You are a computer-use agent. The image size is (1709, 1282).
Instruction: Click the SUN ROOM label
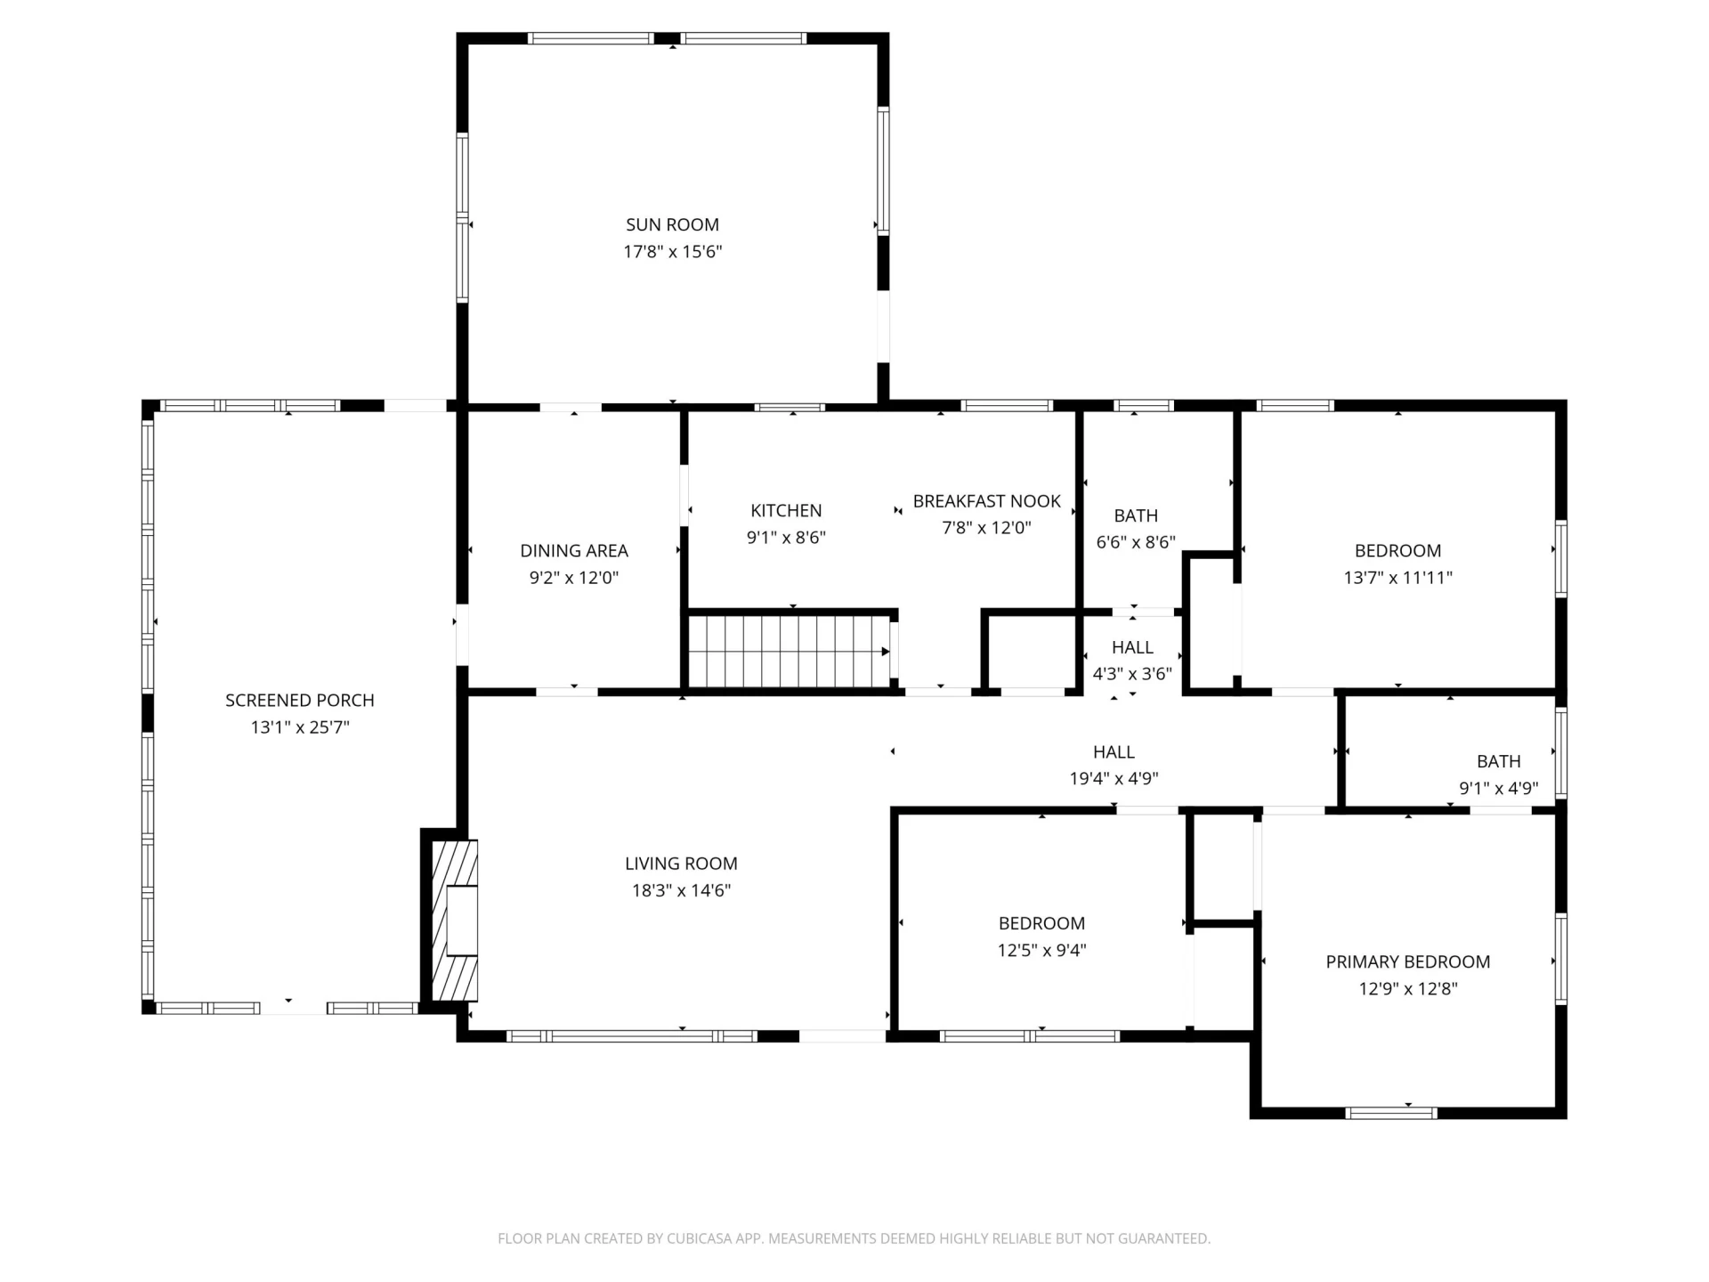(x=672, y=225)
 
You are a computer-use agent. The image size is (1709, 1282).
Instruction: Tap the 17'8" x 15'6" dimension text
(x=672, y=252)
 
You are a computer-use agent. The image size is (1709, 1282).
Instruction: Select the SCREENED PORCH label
(x=300, y=701)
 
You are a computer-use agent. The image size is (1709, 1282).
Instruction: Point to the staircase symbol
(x=789, y=652)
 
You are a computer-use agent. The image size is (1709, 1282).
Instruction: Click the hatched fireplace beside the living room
(x=455, y=921)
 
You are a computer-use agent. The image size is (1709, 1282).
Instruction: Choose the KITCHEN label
(x=786, y=511)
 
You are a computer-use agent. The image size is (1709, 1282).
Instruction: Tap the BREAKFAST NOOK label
(x=987, y=501)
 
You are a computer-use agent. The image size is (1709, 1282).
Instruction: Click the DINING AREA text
(x=574, y=551)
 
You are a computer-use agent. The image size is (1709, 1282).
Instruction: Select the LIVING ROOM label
(x=681, y=864)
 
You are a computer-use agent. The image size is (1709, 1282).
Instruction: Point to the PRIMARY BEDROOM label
(x=1408, y=961)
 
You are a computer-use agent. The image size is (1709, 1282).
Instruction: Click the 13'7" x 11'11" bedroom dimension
(x=1398, y=578)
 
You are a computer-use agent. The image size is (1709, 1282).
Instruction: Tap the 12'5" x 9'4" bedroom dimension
(x=1041, y=950)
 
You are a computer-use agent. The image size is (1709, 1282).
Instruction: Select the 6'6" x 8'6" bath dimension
(x=1136, y=542)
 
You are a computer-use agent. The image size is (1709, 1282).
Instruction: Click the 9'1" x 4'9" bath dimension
(x=1499, y=789)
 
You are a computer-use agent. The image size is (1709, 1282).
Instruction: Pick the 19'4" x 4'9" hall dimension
(x=1114, y=779)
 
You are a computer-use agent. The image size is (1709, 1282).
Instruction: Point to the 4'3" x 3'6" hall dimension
(x=1132, y=674)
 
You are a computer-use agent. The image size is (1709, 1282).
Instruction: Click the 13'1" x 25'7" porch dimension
(x=300, y=727)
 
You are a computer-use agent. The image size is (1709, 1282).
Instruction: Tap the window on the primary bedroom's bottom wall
(x=1391, y=1113)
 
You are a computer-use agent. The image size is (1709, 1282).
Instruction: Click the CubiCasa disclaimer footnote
(x=854, y=1238)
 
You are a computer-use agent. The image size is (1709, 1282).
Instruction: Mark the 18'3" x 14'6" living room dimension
(x=681, y=890)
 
